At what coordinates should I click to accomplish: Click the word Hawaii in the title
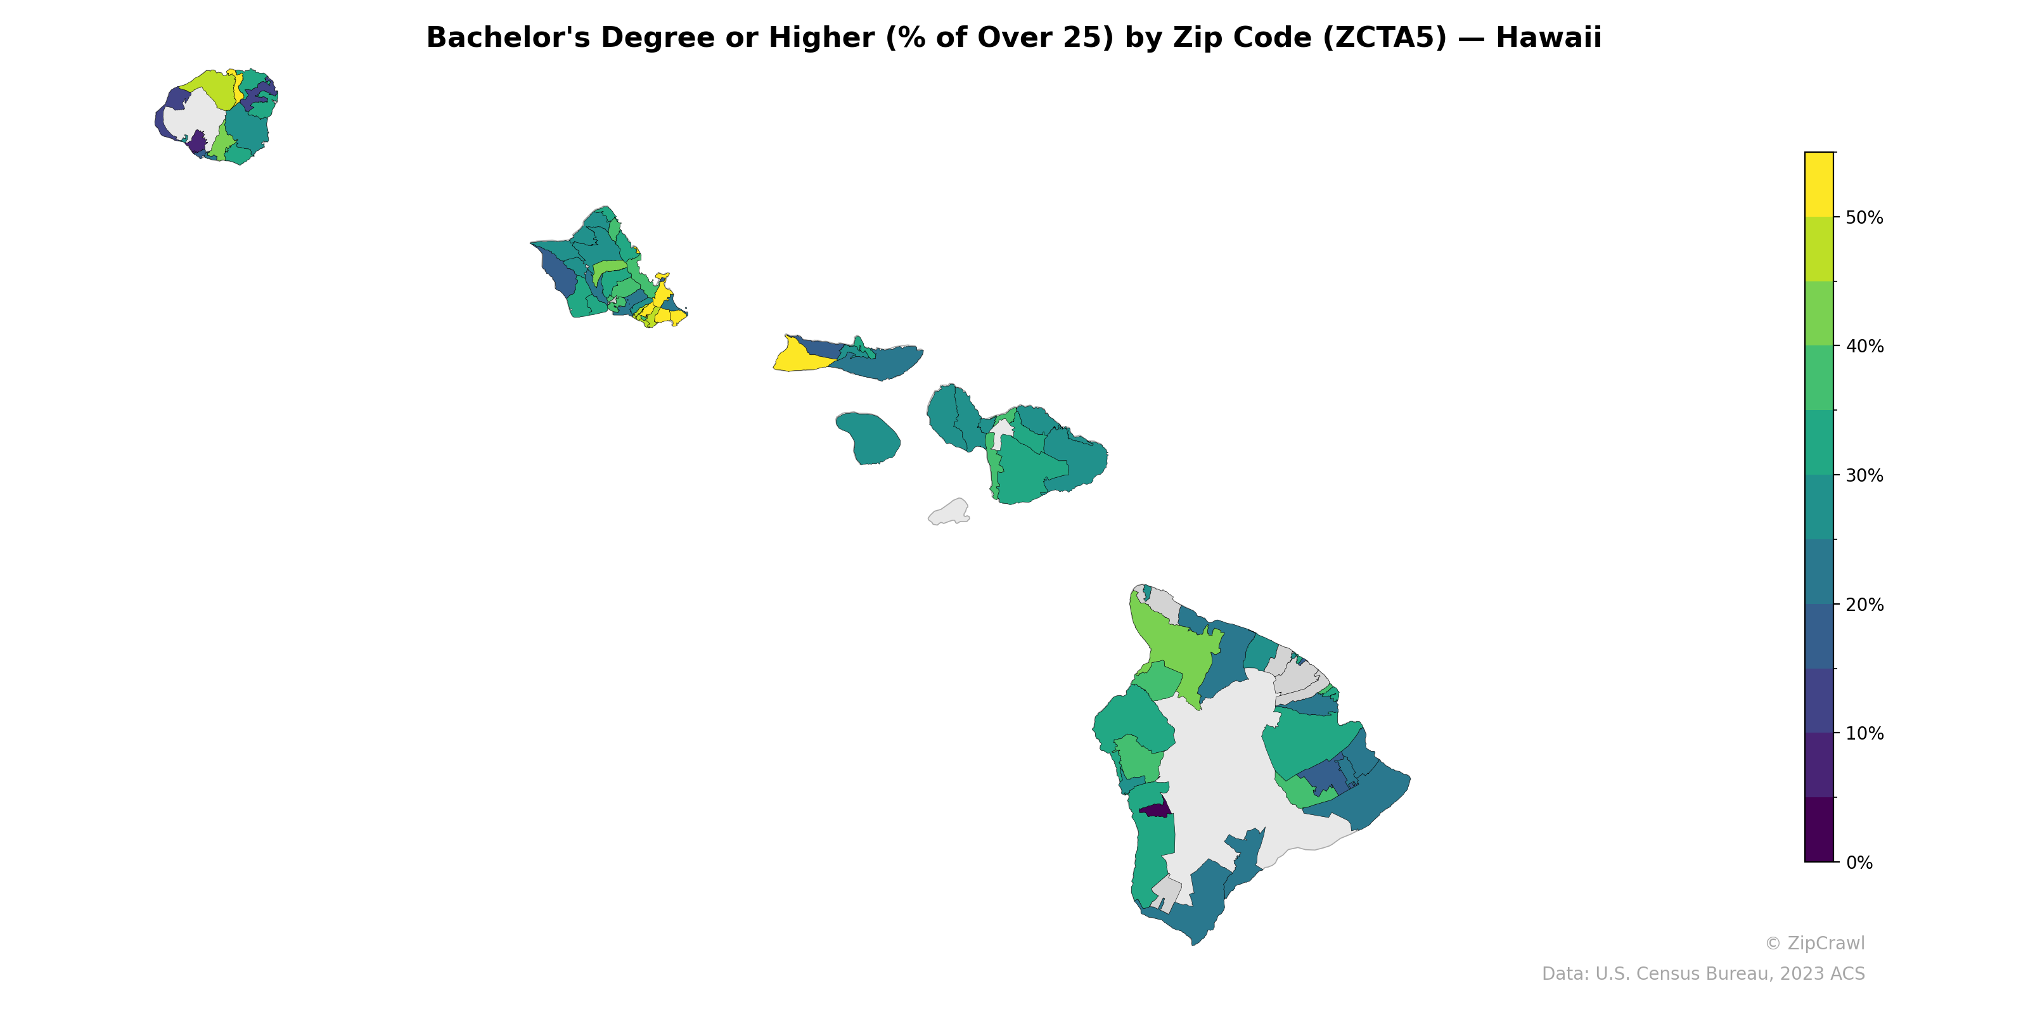point(1548,38)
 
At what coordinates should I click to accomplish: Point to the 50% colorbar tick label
point(1864,217)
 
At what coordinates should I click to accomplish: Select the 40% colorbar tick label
point(1864,347)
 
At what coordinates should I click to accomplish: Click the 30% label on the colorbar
point(1864,475)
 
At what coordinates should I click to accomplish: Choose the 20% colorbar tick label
point(1864,605)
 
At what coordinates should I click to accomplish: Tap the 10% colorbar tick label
point(1864,734)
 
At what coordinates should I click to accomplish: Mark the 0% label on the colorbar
point(1859,863)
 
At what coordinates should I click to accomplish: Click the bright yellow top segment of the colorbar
point(1819,184)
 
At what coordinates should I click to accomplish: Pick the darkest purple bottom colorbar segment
point(1819,830)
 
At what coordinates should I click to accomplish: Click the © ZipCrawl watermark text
point(1814,943)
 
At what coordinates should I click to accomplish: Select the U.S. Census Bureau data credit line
point(1703,974)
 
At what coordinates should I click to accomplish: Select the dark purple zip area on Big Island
point(1155,810)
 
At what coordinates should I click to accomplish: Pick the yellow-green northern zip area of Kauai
point(209,87)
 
